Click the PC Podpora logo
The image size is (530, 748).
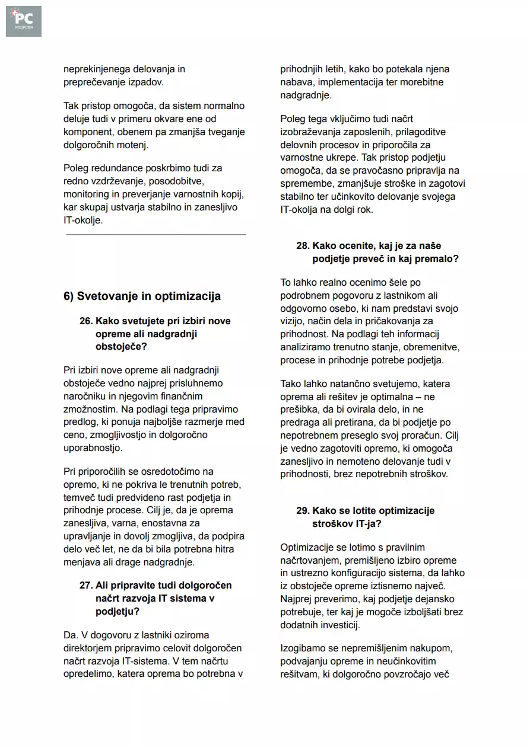[24, 21]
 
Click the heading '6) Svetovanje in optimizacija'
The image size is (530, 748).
[142, 296]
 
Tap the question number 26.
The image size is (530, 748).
[86, 321]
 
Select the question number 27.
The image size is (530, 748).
[86, 586]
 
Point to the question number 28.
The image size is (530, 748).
[303, 246]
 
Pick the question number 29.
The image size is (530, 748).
[303, 511]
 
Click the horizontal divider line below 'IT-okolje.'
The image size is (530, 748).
[156, 235]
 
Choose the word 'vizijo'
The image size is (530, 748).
[294, 322]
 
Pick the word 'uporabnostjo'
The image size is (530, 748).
[93, 449]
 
